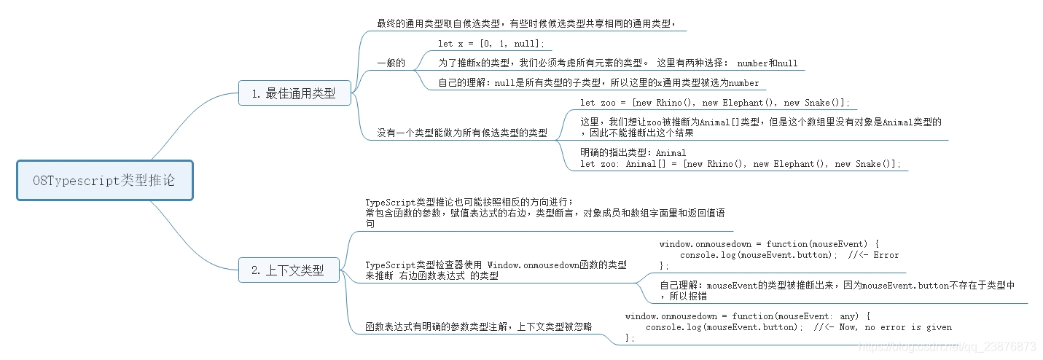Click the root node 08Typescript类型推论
click(104, 180)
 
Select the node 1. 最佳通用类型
click(294, 93)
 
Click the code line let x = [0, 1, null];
click(491, 44)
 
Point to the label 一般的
click(391, 63)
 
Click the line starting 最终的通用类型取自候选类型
click(531, 24)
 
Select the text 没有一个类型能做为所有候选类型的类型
click(462, 133)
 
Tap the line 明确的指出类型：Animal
click(633, 153)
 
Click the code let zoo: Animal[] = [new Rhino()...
click(740, 164)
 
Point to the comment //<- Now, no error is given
click(882, 327)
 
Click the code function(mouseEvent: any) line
click(748, 316)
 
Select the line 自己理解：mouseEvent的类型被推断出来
click(837, 286)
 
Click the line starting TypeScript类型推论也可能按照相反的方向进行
click(470, 202)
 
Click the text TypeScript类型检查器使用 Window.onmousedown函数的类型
click(496, 265)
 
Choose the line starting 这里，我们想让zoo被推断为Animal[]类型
click(761, 122)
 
